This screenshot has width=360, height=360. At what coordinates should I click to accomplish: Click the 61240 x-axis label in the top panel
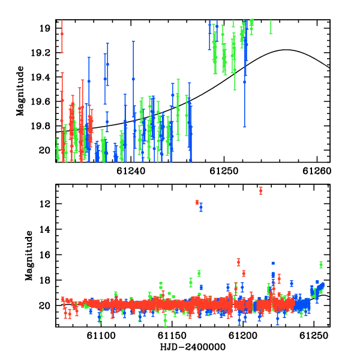[131, 171]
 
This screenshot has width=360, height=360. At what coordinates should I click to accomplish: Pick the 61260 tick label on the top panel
[317, 171]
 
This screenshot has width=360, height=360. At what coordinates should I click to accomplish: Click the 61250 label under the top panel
[224, 171]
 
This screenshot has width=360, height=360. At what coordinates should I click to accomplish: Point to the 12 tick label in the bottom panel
[45, 204]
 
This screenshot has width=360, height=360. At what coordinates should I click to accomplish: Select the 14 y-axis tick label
[45, 229]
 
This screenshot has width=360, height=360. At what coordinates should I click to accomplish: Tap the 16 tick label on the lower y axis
[45, 255]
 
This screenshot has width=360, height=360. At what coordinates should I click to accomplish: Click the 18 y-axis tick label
[45, 280]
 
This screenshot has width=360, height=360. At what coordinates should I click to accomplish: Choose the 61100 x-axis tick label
[101, 335]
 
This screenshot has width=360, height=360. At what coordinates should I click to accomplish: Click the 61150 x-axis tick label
[172, 335]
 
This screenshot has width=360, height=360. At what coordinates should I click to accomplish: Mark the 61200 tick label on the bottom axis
[243, 335]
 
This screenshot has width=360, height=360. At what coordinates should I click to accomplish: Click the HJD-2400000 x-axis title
[193, 347]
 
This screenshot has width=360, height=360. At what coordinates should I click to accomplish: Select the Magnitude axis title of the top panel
[20, 91]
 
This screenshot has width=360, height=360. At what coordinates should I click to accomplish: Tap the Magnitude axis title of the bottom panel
[29, 256]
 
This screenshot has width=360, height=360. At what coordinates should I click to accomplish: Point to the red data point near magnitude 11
[260, 191]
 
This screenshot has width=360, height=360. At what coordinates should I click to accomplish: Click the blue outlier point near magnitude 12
[201, 208]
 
